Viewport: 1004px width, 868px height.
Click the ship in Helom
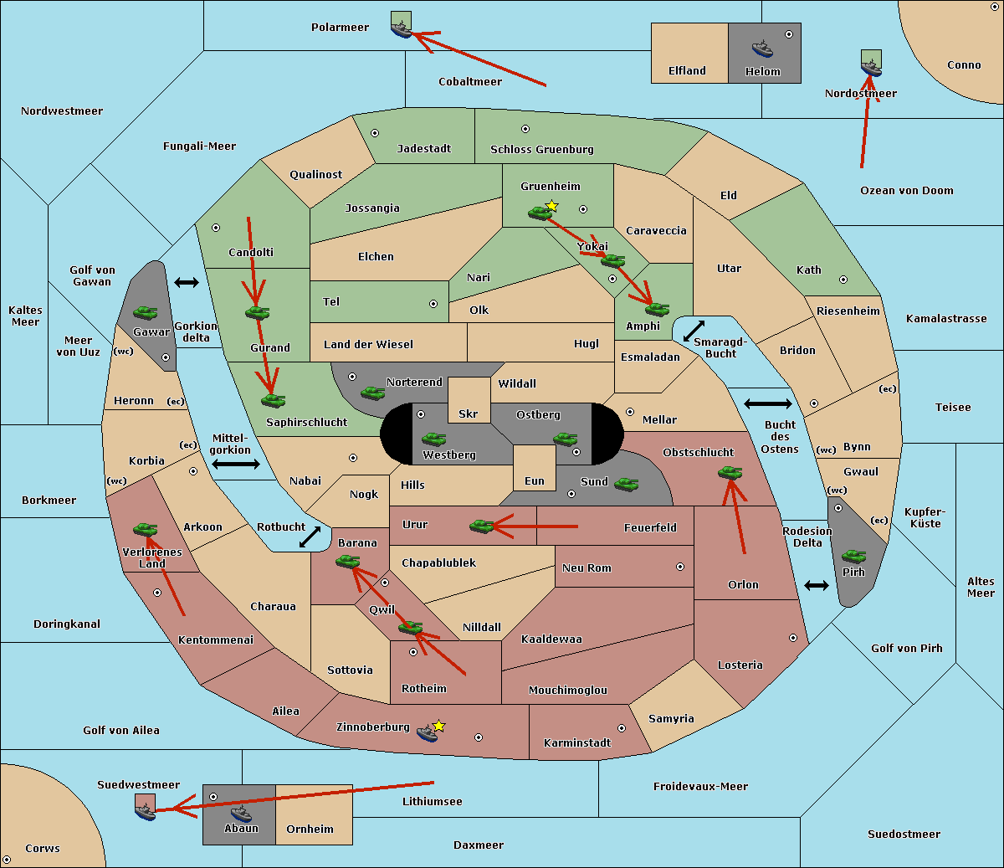coord(762,49)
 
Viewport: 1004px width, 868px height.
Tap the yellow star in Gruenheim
coord(552,206)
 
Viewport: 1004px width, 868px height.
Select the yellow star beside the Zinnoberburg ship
coord(438,726)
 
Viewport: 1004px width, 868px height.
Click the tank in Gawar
coord(146,312)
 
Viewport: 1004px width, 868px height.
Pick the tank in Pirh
coord(853,556)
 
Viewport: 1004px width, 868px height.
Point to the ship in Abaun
coord(242,814)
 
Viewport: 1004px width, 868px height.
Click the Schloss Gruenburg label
coord(542,149)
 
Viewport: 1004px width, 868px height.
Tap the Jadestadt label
coord(424,148)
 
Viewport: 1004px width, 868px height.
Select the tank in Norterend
coord(372,393)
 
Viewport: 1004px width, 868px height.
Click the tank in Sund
coord(626,484)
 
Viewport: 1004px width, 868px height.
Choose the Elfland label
coord(687,71)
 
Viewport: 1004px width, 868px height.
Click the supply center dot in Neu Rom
coord(680,567)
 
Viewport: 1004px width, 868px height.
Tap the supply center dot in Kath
coord(843,280)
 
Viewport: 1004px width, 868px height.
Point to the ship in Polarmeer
coord(402,29)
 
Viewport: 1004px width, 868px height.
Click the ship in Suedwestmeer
coord(146,812)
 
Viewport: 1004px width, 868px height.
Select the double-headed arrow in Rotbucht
coord(310,537)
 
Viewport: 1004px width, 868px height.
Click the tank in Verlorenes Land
coord(146,529)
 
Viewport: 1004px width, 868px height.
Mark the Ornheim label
coord(310,829)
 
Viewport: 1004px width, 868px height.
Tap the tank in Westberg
coord(433,439)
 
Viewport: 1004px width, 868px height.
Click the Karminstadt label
coord(577,742)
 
